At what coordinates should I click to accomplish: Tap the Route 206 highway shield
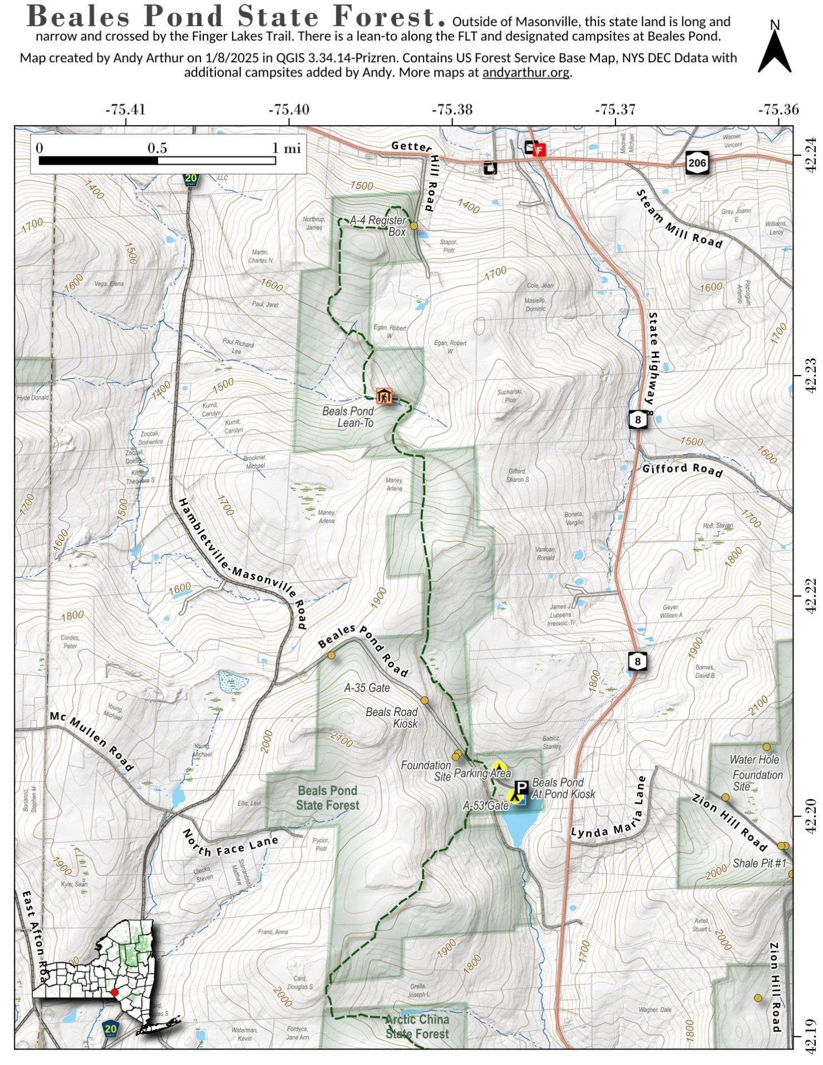click(697, 162)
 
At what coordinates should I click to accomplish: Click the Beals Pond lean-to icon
click(383, 396)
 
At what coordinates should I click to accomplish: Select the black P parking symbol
click(521, 788)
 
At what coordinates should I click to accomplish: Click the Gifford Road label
click(682, 469)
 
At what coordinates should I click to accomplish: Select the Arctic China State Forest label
click(417, 1027)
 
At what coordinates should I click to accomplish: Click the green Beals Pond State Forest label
click(327, 798)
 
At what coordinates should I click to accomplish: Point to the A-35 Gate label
click(367, 688)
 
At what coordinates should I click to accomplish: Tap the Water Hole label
click(754, 759)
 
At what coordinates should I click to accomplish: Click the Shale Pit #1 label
click(760, 863)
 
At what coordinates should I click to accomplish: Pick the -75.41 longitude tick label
click(125, 109)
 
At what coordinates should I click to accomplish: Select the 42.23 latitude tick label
click(811, 376)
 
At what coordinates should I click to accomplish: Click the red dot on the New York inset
click(114, 992)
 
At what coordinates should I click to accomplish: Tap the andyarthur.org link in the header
click(526, 72)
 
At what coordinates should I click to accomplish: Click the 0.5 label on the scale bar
click(157, 148)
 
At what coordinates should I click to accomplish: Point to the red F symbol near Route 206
click(539, 150)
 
